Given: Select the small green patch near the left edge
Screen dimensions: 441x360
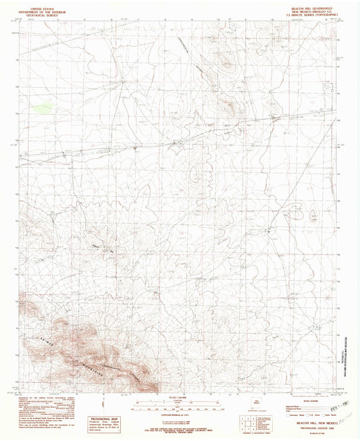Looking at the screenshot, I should point(42,106).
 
